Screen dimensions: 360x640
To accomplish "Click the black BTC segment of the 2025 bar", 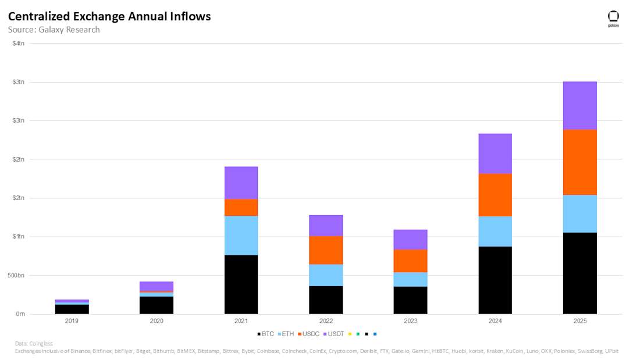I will (x=579, y=273).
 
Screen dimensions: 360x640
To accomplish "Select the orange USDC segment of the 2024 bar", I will (x=495, y=195).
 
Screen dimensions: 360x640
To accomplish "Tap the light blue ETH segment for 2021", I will (x=241, y=235).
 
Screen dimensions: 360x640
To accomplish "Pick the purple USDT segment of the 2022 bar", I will (x=326, y=225).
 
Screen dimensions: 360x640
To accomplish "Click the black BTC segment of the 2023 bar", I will (x=410, y=300).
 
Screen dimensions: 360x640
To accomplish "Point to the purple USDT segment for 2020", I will (x=157, y=286).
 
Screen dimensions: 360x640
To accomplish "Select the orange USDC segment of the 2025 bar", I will (x=579, y=162).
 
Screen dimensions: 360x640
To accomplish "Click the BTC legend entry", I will (x=265, y=334).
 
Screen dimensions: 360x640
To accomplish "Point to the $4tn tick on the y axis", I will (x=19, y=44).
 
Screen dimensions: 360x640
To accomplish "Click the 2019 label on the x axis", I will (x=72, y=320).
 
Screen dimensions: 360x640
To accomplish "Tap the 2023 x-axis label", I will (x=410, y=320).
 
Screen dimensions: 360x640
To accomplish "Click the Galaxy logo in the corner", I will (x=613, y=19).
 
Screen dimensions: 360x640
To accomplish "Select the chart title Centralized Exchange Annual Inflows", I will (x=109, y=16).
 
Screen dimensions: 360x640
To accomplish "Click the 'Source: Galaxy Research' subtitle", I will (x=54, y=30).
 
